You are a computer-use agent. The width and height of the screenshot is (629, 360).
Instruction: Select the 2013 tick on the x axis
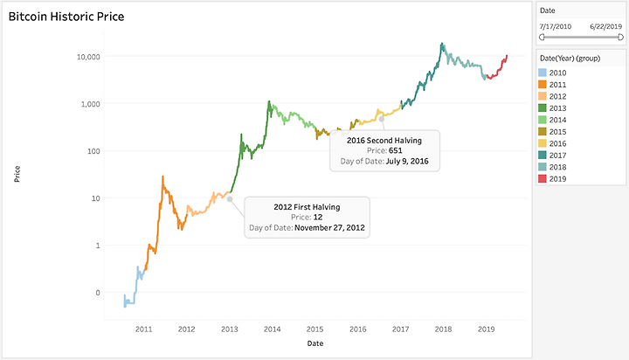click(229, 329)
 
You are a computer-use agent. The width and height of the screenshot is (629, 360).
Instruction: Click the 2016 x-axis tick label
click(357, 329)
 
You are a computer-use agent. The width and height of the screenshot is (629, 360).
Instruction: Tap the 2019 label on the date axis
click(486, 329)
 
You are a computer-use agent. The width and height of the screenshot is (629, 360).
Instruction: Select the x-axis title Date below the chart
click(314, 343)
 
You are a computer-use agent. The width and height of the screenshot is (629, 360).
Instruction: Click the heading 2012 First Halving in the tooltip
click(307, 206)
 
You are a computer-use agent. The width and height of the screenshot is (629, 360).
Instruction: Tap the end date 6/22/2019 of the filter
click(606, 26)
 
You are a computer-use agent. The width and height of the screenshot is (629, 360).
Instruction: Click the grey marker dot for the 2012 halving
click(229, 199)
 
